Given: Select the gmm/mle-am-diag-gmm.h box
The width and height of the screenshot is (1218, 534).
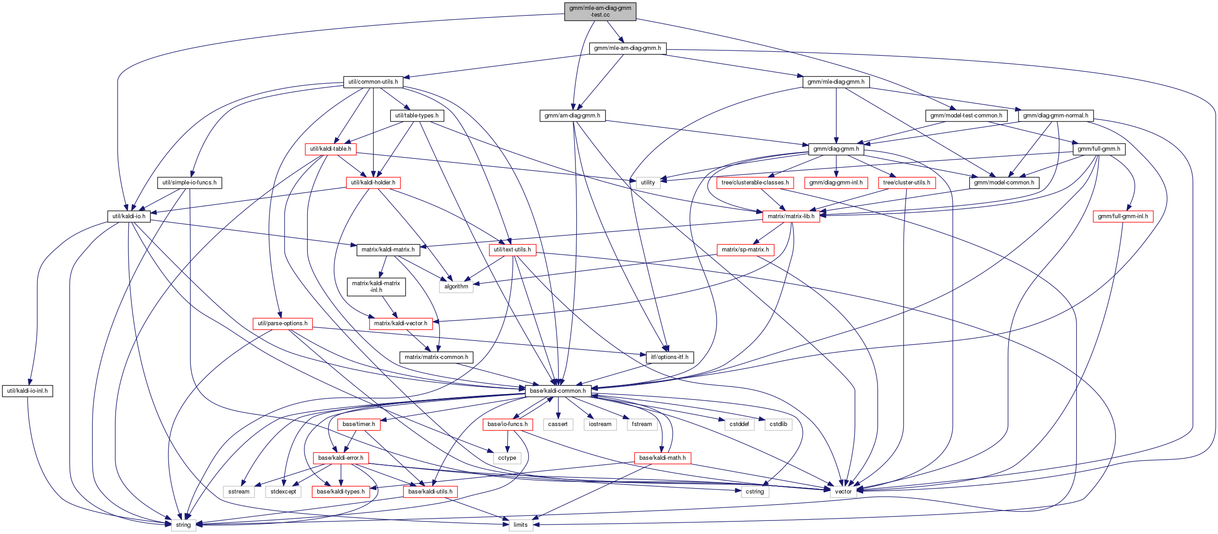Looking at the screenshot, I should [x=627, y=48].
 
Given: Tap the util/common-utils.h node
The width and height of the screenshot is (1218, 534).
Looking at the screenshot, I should [x=373, y=82].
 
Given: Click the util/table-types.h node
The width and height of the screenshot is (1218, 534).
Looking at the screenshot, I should [x=417, y=115].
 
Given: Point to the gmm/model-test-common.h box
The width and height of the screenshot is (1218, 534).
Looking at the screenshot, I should [x=966, y=115].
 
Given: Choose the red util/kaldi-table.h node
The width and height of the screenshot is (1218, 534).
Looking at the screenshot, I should [x=330, y=149].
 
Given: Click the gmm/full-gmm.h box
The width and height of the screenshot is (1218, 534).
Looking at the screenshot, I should [x=1098, y=149].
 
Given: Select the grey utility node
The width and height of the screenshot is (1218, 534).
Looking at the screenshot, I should [x=648, y=182].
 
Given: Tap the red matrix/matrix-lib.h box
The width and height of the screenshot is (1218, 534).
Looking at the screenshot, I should [x=791, y=216].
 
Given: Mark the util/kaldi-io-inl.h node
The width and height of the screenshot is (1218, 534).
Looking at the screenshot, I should [x=27, y=391].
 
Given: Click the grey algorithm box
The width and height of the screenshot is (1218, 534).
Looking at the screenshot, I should [x=456, y=287].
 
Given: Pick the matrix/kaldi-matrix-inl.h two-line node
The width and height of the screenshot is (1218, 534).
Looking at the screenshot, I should [x=376, y=287].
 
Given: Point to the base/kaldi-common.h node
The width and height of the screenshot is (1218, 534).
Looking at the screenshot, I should [x=557, y=391].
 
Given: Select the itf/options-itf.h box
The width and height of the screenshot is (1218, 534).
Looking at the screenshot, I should [x=669, y=357].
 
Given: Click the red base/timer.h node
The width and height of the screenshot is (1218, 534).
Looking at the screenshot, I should [x=358, y=424].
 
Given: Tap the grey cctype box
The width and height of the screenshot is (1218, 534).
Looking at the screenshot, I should [x=507, y=458].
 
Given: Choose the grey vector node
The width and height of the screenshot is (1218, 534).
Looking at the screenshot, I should [x=843, y=491].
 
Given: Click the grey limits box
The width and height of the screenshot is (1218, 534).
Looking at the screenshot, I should [x=520, y=525].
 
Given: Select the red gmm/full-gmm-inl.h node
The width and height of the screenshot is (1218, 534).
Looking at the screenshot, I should [x=1123, y=216].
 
